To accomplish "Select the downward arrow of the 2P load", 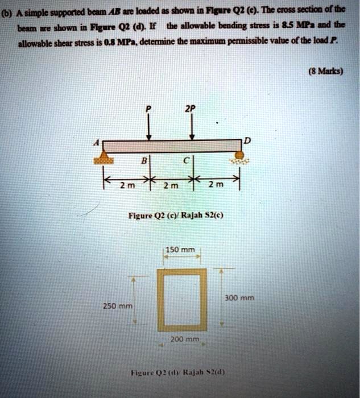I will click(x=193, y=126).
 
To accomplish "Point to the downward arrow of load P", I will click(x=149, y=126).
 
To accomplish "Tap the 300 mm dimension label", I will click(x=242, y=297).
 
